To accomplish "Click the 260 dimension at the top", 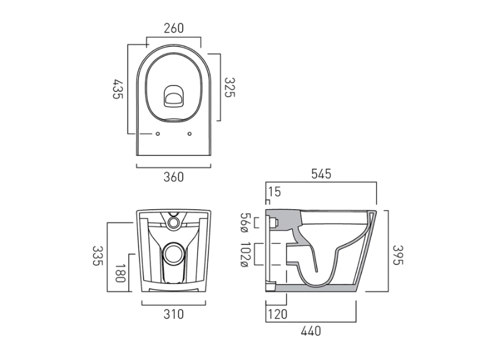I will coord(174,28).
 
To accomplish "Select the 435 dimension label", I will coord(118,89).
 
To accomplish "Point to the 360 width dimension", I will coord(174,177).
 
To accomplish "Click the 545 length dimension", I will coord(321,174).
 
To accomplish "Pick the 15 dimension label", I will coord(274,192).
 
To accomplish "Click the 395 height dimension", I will coord(398,255).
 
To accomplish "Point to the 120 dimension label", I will coord(278,314).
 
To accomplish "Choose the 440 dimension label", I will coord(310,332).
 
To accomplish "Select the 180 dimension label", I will coord(120,273).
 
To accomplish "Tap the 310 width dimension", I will coord(174,314).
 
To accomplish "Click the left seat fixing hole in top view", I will coord(157,134).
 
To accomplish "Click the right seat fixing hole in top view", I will coord(189,134).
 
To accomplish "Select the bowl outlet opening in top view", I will coord(173,96).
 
